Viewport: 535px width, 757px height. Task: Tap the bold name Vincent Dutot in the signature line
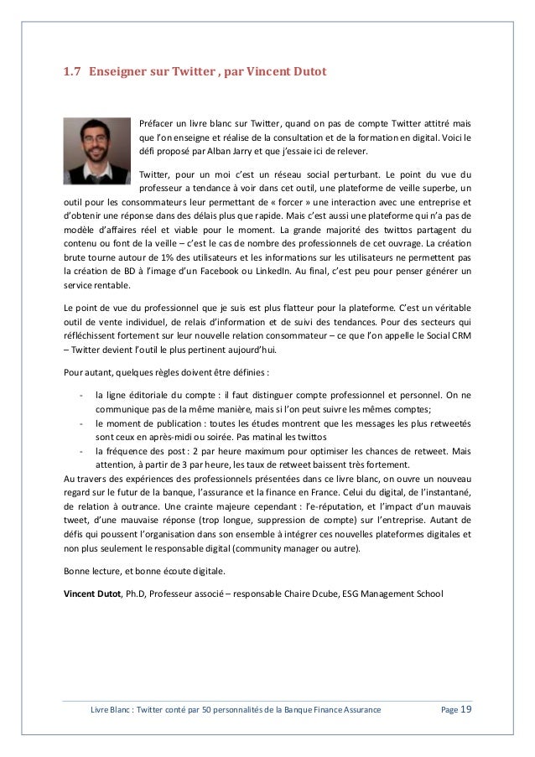(92, 594)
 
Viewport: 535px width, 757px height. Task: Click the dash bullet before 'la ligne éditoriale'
(80, 394)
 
